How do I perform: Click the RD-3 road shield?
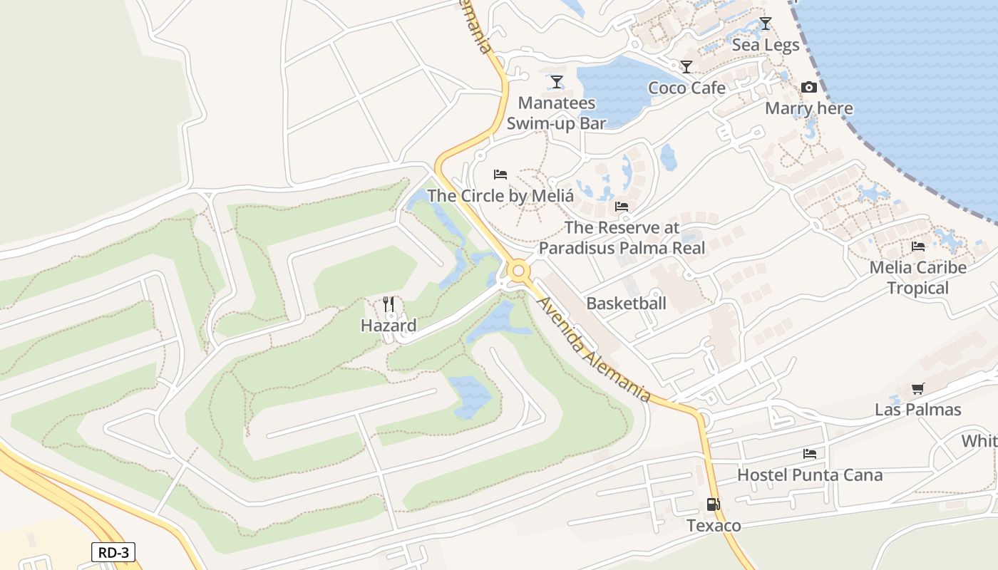(x=113, y=551)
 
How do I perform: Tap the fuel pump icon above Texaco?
(x=713, y=504)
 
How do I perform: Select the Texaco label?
(x=714, y=526)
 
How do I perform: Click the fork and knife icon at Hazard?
(x=389, y=305)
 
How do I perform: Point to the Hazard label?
(x=389, y=326)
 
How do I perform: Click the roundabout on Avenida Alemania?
(x=518, y=271)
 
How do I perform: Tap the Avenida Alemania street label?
(x=594, y=349)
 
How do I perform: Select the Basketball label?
(x=626, y=303)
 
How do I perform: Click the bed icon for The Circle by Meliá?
(x=500, y=175)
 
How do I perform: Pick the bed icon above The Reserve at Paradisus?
(x=622, y=207)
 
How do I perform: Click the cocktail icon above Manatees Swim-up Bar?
(x=556, y=82)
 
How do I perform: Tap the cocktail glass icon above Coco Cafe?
(x=686, y=67)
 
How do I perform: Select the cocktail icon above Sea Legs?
(x=765, y=24)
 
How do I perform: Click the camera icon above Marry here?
(x=808, y=88)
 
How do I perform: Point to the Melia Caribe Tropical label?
(x=918, y=278)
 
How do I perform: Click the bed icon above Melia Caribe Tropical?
(x=918, y=247)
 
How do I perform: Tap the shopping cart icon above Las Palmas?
(x=917, y=389)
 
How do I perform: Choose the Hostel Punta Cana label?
(x=810, y=475)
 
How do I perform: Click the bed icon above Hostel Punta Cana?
(x=809, y=453)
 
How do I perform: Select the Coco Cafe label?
(x=686, y=88)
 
